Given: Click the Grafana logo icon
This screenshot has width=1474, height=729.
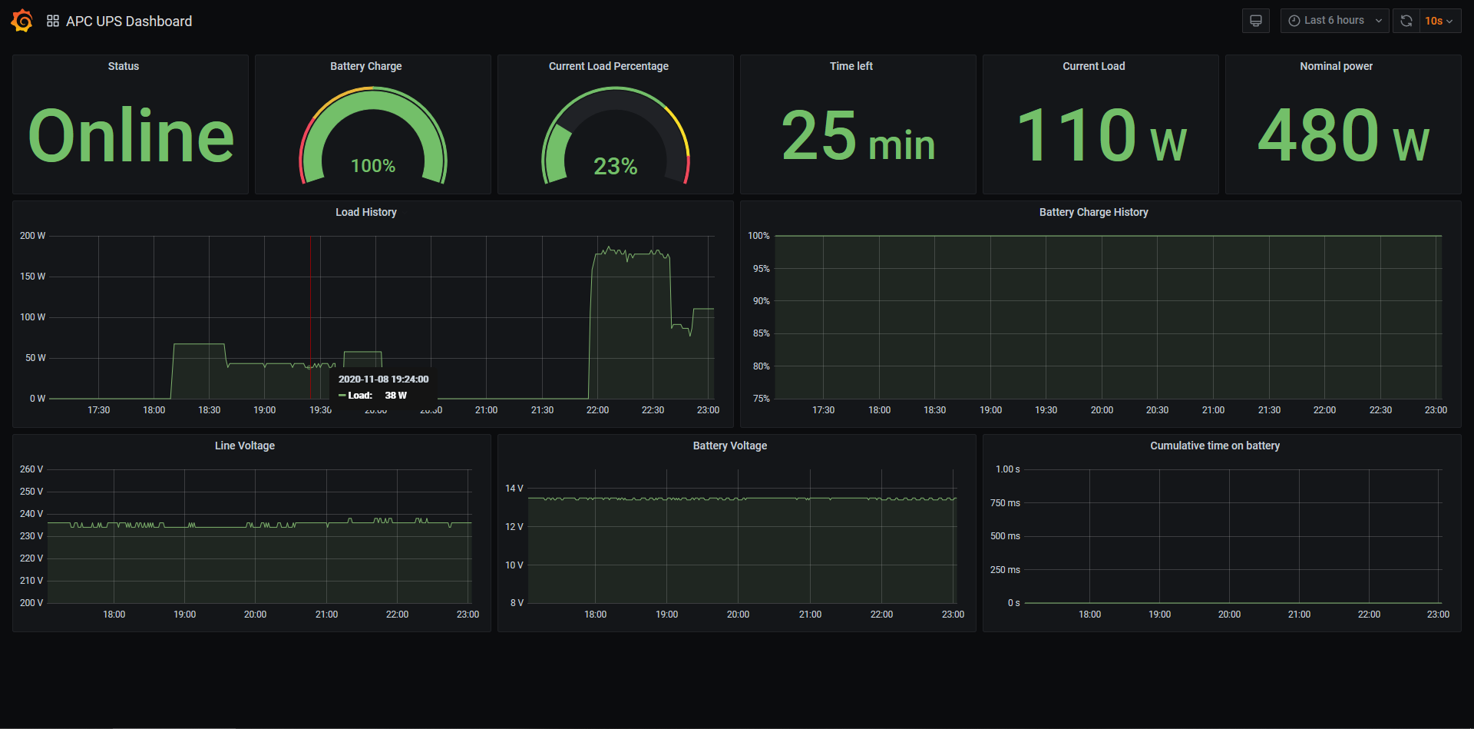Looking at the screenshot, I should point(22,21).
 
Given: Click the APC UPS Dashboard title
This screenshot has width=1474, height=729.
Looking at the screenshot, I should point(128,22).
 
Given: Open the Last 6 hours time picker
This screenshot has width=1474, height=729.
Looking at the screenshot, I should point(1334,21).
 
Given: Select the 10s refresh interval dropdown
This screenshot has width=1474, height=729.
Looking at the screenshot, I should point(1438,21).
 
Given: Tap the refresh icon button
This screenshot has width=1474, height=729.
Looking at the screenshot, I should point(1406,21).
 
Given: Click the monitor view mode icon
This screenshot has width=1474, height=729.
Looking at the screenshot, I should point(1256,21).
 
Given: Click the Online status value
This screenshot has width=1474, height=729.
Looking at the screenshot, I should point(131,136).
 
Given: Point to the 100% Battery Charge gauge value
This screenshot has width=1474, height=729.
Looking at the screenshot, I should point(373,166).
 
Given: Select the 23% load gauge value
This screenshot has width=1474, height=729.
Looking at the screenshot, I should point(615,166).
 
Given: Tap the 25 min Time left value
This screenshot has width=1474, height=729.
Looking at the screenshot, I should point(858,136).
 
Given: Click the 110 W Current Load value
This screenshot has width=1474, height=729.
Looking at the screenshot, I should point(1101,136).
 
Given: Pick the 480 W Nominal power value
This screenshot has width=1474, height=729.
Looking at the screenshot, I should point(1343,136).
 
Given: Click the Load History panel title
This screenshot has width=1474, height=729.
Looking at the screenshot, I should point(365,212).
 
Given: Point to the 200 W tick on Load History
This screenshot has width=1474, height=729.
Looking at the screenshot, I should point(32,236).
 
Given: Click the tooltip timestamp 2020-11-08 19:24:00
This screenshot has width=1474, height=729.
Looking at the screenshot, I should point(383,379).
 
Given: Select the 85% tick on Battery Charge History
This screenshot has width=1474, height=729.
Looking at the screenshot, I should point(761,333).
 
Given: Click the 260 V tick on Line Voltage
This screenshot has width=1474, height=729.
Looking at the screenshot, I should point(31,469).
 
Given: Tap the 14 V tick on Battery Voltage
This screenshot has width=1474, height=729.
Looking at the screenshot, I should point(514,489).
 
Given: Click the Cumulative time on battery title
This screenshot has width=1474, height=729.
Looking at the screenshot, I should point(1215,446).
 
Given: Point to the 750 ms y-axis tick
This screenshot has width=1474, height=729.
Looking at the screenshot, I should point(1005,503).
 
